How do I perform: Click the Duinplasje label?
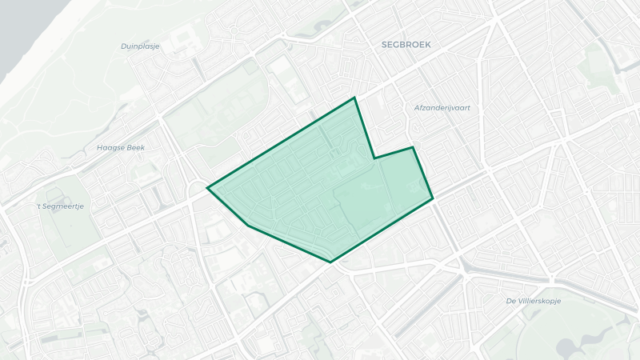pos(140,46)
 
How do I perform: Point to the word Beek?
pos(136,147)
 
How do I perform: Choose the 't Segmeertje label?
pos(61,206)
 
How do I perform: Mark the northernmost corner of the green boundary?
pos(354,98)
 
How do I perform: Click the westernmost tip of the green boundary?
pos(207,188)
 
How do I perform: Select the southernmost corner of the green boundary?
pos(330,262)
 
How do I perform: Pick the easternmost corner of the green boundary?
pos(433,198)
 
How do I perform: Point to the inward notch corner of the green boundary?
pos(374,158)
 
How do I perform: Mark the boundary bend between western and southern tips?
pos(248,226)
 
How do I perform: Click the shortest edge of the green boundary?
pos(394,153)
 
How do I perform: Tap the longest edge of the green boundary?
pos(281,143)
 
